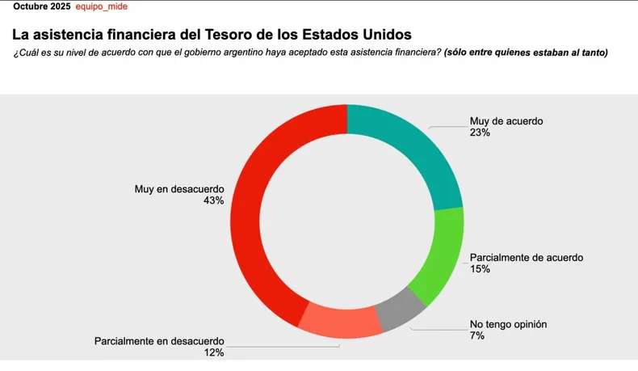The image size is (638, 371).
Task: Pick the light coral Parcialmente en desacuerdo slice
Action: [339, 324]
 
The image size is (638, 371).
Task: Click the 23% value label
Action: [480, 133]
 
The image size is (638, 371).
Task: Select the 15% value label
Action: [480, 269]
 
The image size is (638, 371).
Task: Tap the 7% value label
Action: [476, 335]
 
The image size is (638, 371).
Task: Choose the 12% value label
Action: [214, 352]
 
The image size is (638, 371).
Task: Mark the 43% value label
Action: [214, 200]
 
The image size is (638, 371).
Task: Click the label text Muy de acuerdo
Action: [506, 121]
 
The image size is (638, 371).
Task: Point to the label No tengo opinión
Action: [509, 324]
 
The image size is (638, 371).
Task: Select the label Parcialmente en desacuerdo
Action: [159, 340]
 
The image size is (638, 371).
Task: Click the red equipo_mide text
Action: [102, 6]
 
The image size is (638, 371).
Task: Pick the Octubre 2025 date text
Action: [41, 6]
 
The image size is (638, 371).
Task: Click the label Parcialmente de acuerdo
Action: [526, 258]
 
